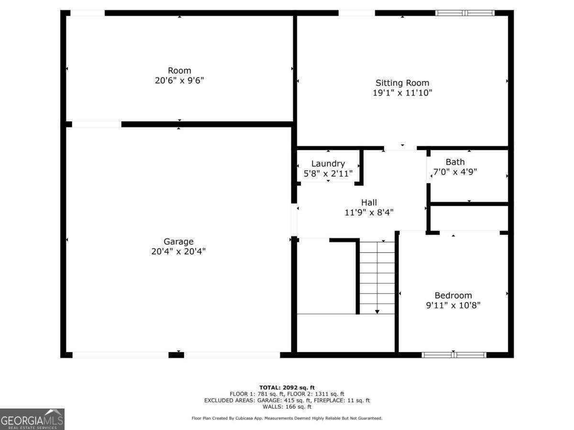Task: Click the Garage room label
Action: pos(178,241)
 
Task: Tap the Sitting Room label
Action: pos(402,83)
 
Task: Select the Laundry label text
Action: pos(328,164)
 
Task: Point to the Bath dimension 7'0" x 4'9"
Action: pos(455,172)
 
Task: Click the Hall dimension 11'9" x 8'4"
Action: pos(369,213)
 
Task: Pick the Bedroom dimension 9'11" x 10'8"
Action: pos(453,305)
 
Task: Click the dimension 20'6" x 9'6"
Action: pos(179,80)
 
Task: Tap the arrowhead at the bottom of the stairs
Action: pos(377,312)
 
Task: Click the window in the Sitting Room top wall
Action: pos(464,13)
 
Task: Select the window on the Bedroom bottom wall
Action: pos(454,355)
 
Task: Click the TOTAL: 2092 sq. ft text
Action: pos(287,387)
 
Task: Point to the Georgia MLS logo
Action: pos(32,419)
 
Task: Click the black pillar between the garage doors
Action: pos(176,355)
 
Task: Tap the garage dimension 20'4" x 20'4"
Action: pos(178,251)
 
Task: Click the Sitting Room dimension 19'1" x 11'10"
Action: pos(402,93)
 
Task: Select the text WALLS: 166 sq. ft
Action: pos(287,407)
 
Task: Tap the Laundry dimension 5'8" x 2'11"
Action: pos(328,173)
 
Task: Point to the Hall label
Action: pos(369,203)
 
